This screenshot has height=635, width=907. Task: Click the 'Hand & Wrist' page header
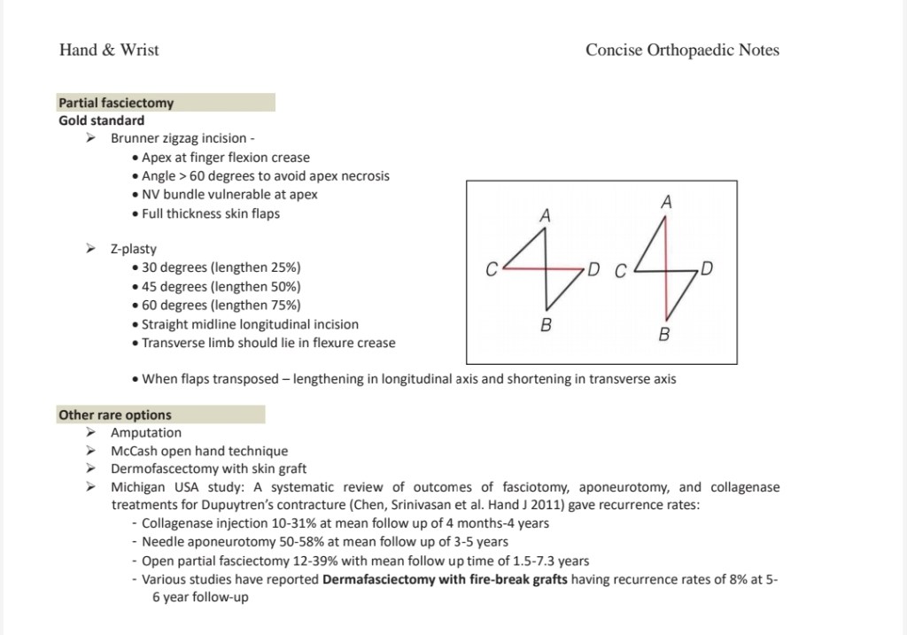pyautogui.click(x=109, y=50)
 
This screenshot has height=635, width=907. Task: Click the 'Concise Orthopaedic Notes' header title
pyautogui.click(x=682, y=50)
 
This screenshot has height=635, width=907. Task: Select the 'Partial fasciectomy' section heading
pyautogui.click(x=116, y=103)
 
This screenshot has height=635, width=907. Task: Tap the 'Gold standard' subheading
pyautogui.click(x=101, y=120)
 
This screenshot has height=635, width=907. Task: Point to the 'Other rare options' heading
pyautogui.click(x=115, y=414)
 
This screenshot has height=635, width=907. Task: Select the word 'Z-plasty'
pyautogui.click(x=134, y=249)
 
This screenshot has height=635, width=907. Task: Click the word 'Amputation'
pyautogui.click(x=146, y=433)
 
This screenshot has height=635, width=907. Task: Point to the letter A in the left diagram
pyautogui.click(x=546, y=215)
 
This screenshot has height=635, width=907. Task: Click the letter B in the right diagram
pyautogui.click(x=664, y=335)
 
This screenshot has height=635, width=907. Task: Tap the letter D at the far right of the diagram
pyautogui.click(x=708, y=267)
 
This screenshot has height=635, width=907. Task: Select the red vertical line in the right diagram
pyautogui.click(x=665, y=292)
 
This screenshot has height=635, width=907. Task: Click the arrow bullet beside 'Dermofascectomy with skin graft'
pyautogui.click(x=89, y=469)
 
